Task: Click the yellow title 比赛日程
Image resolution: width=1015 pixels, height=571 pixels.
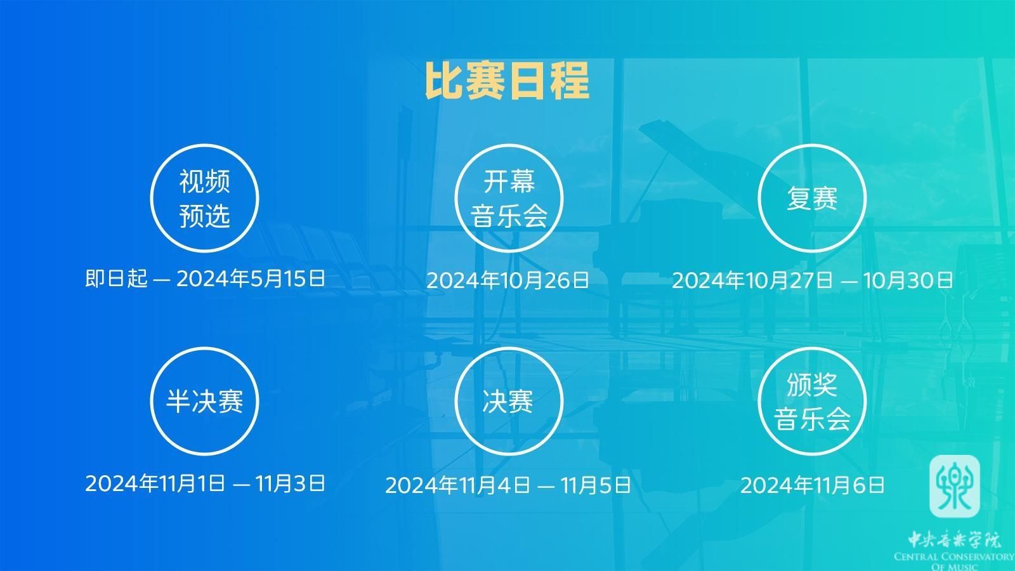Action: pyautogui.click(x=507, y=81)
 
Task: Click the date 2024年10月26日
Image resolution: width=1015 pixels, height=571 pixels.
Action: pyautogui.click(x=507, y=280)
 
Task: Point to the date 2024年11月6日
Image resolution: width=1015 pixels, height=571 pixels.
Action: pyautogui.click(x=813, y=485)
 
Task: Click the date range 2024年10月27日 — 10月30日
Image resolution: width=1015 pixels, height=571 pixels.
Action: pyautogui.click(x=812, y=280)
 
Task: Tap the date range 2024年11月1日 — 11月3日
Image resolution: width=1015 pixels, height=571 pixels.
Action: pyautogui.click(x=206, y=483)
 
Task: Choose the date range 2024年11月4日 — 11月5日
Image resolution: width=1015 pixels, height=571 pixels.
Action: pyautogui.click(x=508, y=485)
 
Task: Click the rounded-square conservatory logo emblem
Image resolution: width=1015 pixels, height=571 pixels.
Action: pyautogui.click(x=954, y=486)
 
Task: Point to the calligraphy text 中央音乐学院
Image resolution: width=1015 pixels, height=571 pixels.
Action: pyautogui.click(x=953, y=540)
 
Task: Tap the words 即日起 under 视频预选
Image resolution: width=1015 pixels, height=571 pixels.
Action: pyautogui.click(x=117, y=279)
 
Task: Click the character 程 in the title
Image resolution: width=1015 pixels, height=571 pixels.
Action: pyautogui.click(x=570, y=81)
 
